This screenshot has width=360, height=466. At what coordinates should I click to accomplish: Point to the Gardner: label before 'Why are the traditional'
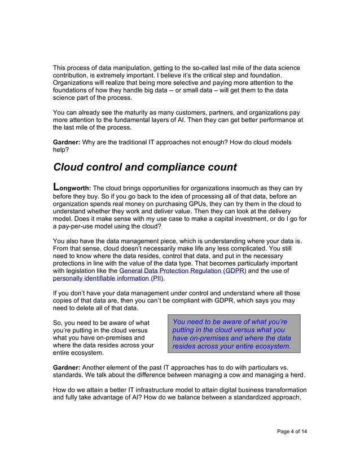point(67,143)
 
